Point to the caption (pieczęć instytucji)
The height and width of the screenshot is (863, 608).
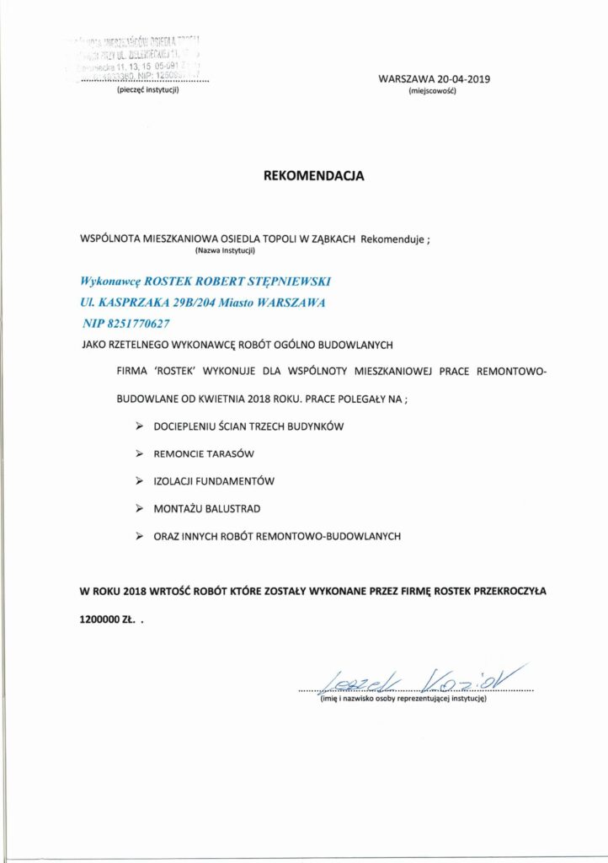click(148, 90)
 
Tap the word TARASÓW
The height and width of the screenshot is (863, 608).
click(230, 453)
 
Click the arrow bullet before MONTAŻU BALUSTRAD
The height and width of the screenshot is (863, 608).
click(139, 508)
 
